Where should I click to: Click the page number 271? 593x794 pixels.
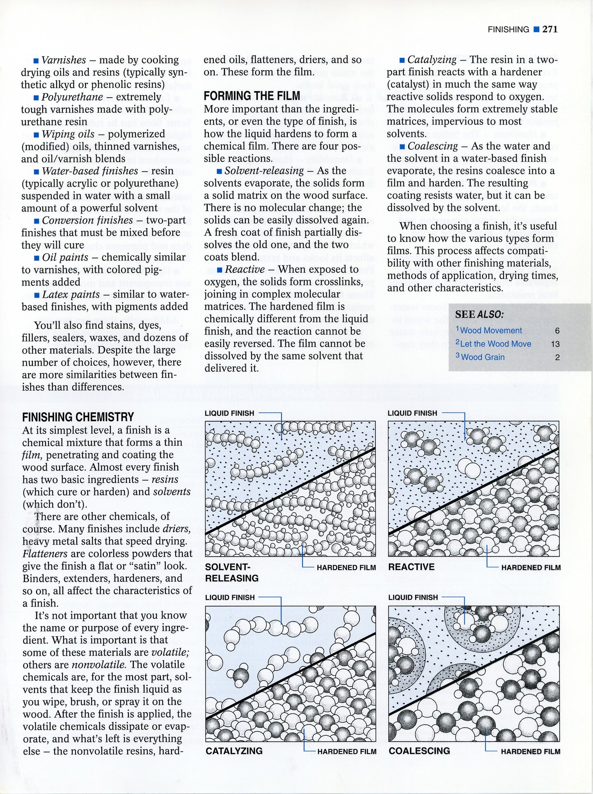(550, 29)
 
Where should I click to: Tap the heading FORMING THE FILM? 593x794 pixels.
(252, 96)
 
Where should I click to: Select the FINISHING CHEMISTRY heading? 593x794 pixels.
(78, 417)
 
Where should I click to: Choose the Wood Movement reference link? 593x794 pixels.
(491, 331)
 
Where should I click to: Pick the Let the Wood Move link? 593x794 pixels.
(495, 344)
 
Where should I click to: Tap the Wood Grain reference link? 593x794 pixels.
(483, 357)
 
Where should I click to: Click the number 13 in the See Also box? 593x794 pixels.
(555, 344)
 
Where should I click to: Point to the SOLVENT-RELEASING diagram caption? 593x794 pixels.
(232, 573)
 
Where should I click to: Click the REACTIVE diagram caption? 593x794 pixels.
(411, 567)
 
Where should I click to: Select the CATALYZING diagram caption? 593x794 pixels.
(234, 751)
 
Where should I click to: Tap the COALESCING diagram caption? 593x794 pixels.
(419, 751)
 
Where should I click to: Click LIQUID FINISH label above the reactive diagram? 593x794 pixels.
(412, 413)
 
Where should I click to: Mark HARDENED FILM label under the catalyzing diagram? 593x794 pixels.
(347, 752)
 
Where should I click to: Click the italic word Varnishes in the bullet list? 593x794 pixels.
(64, 60)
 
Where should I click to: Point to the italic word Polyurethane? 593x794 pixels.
(72, 97)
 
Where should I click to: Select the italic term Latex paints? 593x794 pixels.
(71, 294)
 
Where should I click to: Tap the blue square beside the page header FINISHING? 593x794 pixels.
(536, 29)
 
